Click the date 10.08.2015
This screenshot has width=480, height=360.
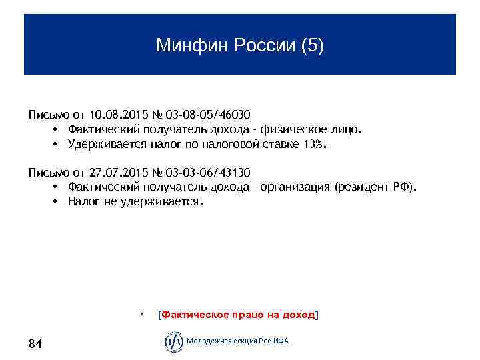pyautogui.click(x=115, y=114)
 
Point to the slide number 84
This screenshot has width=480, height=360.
pyautogui.click(x=35, y=344)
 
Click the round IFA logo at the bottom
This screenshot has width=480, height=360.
pyautogui.click(x=173, y=341)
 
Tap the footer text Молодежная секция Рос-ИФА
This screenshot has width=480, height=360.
pyautogui.click(x=238, y=341)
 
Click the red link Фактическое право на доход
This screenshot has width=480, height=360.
pyautogui.click(x=237, y=314)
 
